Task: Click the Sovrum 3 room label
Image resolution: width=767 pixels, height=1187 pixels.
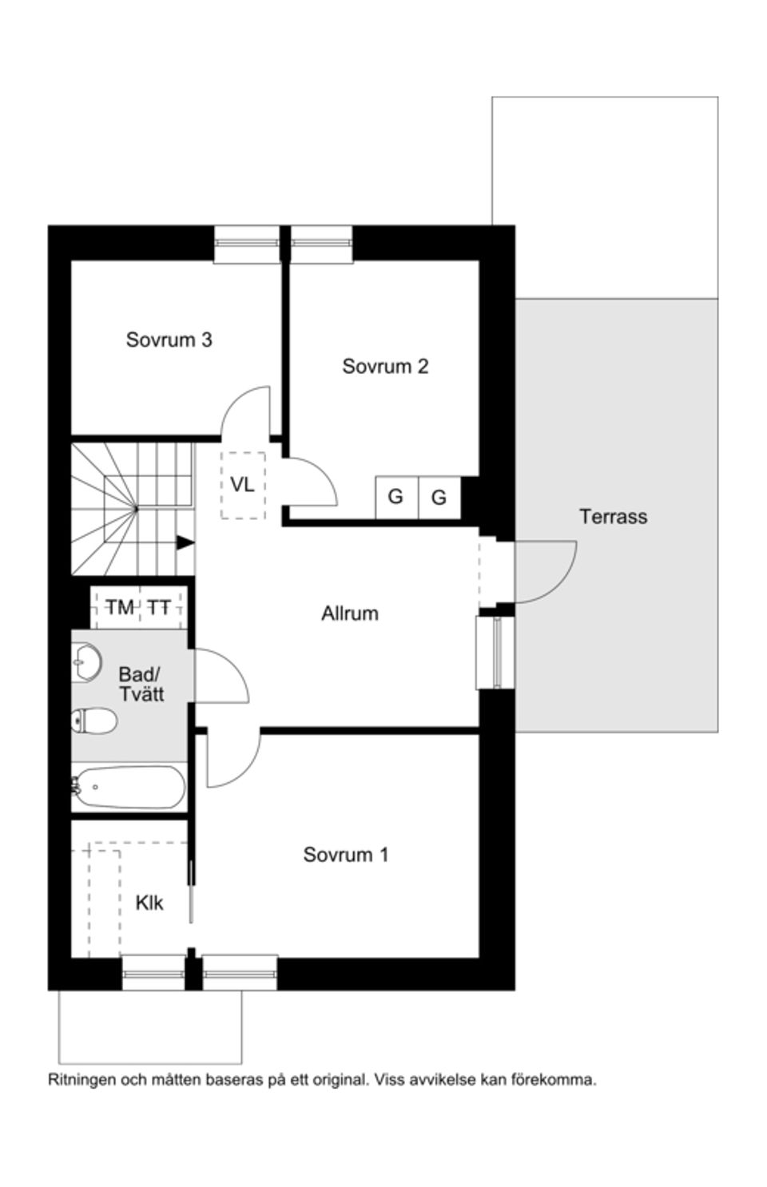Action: [169, 339]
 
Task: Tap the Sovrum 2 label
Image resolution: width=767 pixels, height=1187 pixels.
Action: [385, 366]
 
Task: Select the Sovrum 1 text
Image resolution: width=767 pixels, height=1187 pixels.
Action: [345, 855]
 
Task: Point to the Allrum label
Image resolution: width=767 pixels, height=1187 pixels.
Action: [349, 613]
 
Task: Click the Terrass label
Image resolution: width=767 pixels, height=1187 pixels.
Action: [613, 516]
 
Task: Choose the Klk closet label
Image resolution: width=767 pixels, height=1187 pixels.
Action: [149, 903]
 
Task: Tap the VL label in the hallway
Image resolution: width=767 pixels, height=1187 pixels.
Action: [242, 484]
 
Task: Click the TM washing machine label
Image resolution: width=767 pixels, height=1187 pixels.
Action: [120, 608]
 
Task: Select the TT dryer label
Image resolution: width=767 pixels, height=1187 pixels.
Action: [159, 608]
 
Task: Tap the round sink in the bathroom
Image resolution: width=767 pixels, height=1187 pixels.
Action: [86, 661]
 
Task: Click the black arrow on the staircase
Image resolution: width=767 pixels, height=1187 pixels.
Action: [185, 542]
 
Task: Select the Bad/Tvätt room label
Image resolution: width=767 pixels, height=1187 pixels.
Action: [141, 684]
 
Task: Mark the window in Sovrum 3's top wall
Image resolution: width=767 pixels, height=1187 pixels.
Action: [247, 244]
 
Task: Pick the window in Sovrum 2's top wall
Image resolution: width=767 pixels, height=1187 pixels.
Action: [321, 244]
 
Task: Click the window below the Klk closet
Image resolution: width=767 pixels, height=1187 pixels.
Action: [153, 973]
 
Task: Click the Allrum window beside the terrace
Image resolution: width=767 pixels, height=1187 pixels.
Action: [495, 652]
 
